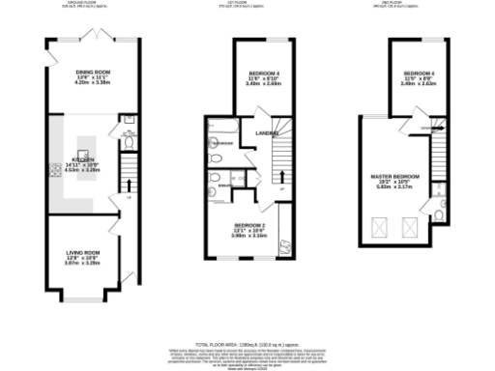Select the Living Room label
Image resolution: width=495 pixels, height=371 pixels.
tap(83, 254)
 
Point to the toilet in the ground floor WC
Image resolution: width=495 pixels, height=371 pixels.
tap(129, 141)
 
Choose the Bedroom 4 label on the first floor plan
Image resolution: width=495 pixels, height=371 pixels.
tap(265, 73)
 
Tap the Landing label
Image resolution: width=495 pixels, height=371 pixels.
tap(268, 133)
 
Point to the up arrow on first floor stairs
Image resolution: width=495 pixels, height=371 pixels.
tap(282, 174)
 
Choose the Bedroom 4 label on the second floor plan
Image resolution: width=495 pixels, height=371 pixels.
tap(420, 73)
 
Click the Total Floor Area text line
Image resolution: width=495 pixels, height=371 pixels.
tap(247, 343)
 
